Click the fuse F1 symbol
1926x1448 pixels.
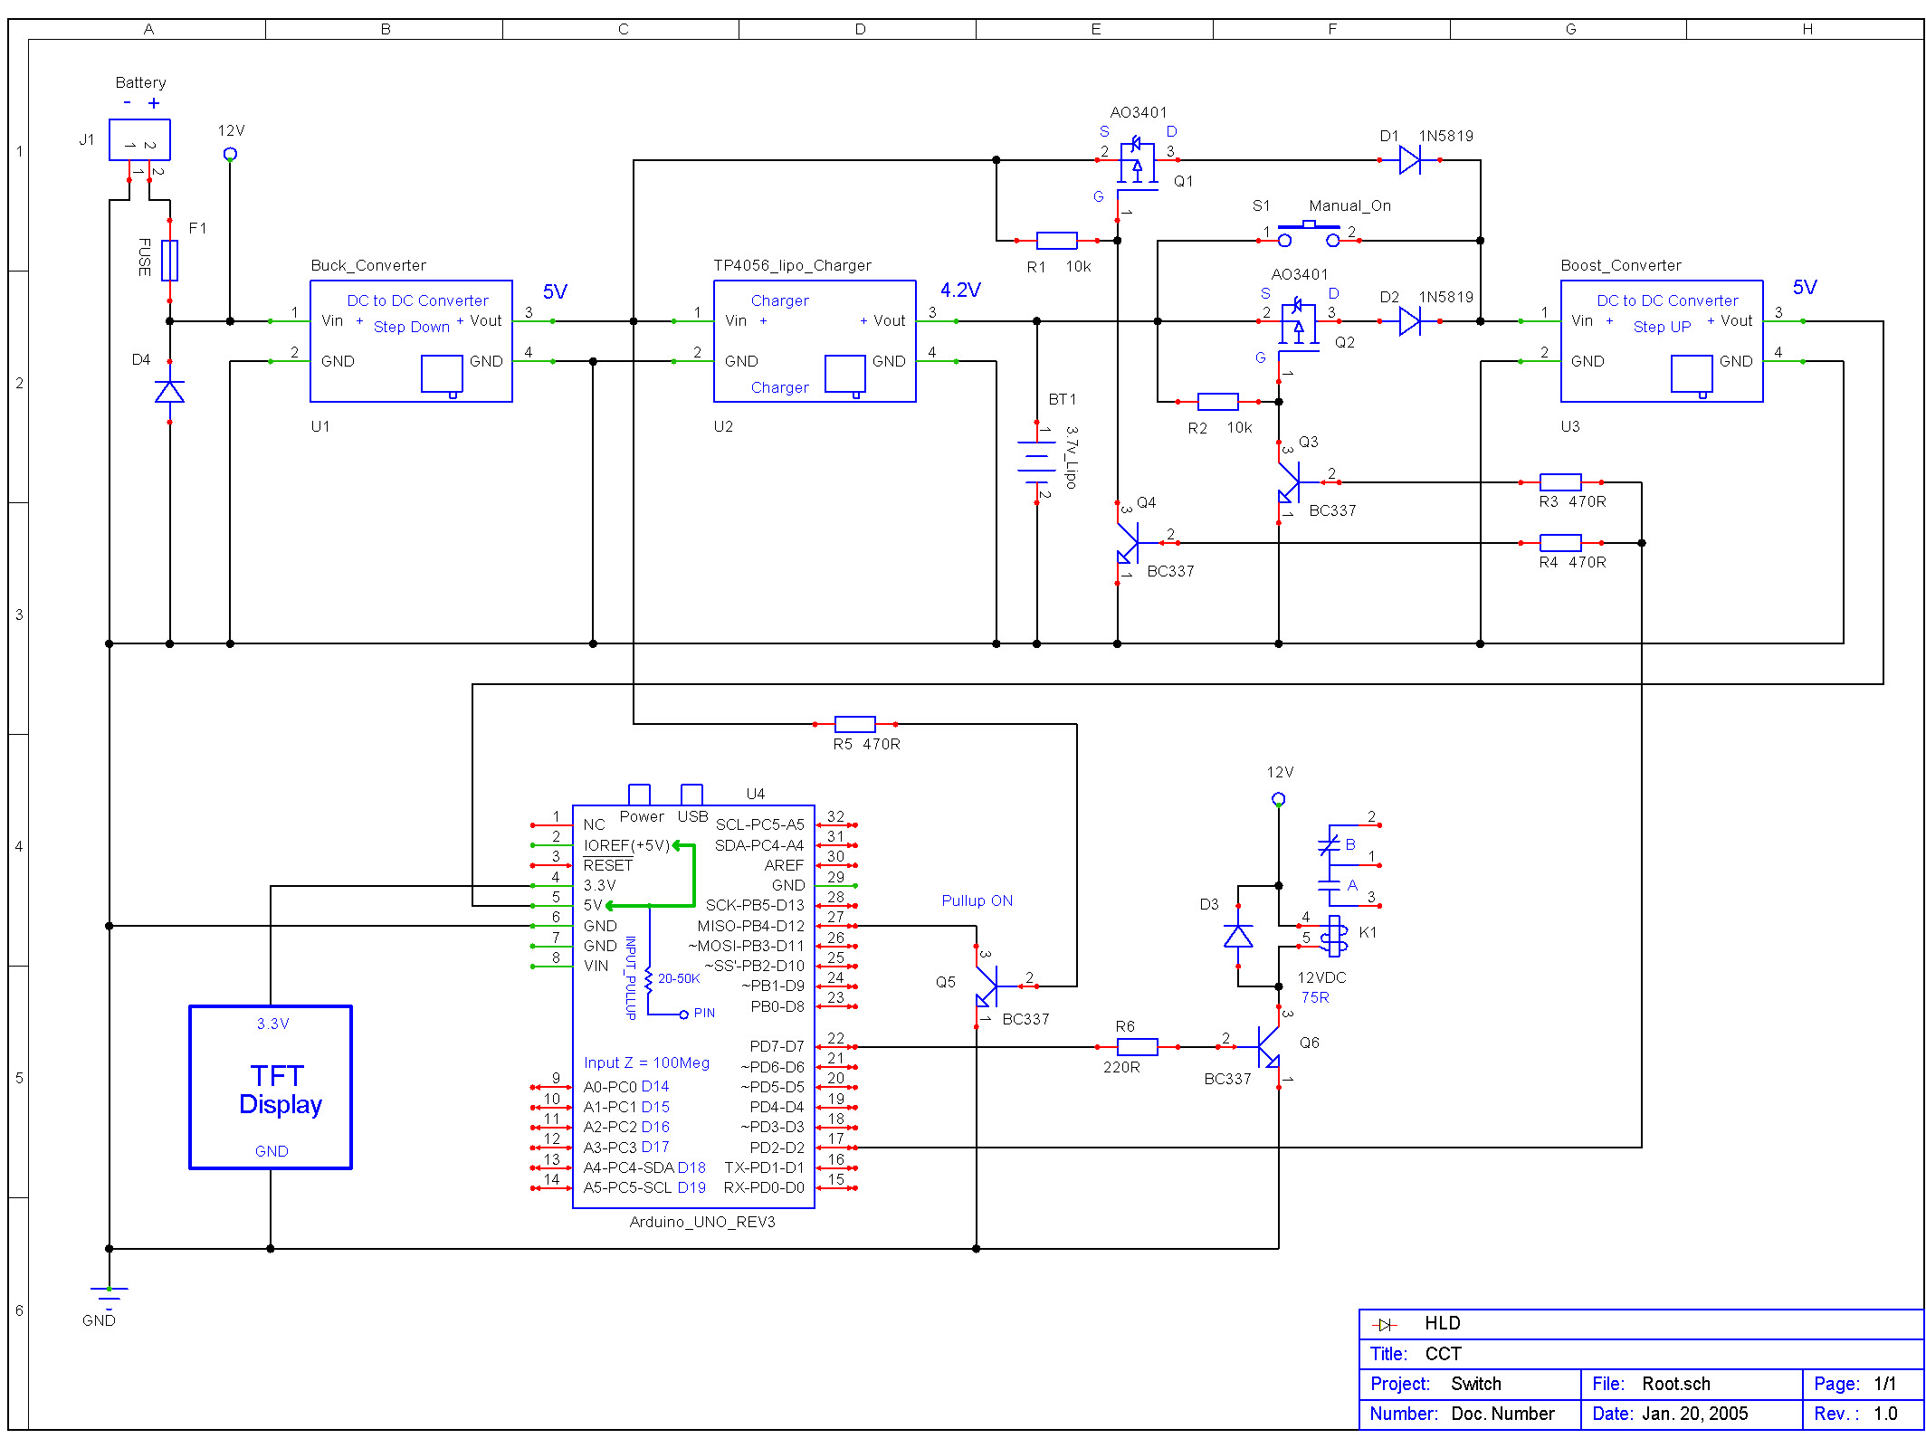coord(169,261)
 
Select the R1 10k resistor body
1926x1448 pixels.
coord(1056,241)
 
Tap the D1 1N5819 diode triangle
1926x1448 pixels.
coord(1409,160)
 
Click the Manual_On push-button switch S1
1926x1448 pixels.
coord(1308,234)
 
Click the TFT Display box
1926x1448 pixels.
coord(271,1087)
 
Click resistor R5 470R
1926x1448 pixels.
coord(854,724)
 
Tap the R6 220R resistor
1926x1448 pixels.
coord(1137,1047)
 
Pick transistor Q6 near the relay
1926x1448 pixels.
coord(1269,1048)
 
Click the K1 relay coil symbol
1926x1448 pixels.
coord(1335,937)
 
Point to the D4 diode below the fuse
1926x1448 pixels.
coord(169,392)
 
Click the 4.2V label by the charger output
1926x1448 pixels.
coord(959,291)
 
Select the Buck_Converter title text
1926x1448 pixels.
coord(368,265)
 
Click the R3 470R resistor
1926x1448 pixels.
coord(1560,482)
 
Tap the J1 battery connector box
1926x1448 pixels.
coord(139,140)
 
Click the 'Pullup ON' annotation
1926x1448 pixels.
coord(977,900)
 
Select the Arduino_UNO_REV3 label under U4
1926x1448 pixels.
coord(702,1222)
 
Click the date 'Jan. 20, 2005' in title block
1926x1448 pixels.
coord(1694,1414)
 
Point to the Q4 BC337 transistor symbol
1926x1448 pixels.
coord(1129,543)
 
